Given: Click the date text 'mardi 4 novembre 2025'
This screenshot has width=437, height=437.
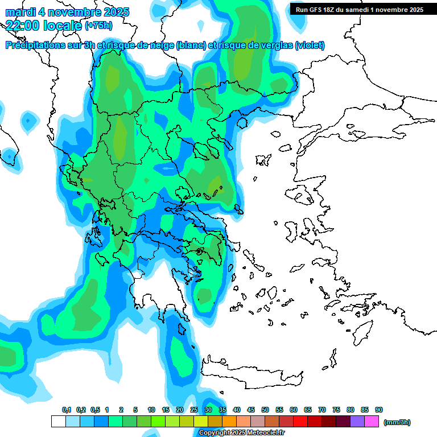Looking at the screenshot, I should (x=67, y=12).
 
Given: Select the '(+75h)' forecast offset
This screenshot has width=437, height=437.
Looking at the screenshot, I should (x=98, y=26).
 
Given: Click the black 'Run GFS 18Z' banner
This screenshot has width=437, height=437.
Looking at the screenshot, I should (x=358, y=10).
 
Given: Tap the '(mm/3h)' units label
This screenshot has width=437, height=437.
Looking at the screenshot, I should (x=397, y=422).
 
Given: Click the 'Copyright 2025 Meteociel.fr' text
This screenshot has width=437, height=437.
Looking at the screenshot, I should (x=241, y=433).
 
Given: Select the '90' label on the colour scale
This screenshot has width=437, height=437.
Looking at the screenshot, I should (x=379, y=410).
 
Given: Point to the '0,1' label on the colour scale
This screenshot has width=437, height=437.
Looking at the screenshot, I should (x=67, y=410).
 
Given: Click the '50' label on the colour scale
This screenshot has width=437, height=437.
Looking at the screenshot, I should (x=265, y=410).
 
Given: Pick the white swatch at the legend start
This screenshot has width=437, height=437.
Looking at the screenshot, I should (x=58, y=422).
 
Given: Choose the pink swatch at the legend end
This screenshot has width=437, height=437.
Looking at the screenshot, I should (x=372, y=422).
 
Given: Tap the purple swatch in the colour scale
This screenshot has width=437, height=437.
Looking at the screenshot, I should (x=357, y=422).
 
